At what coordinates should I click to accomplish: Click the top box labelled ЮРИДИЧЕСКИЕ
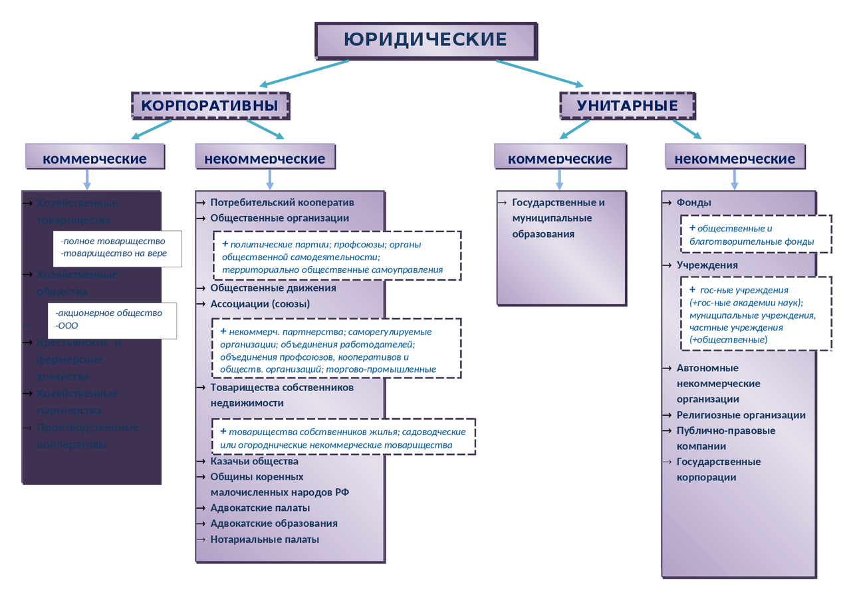click(x=425, y=40)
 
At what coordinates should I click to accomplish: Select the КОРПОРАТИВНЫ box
click(x=209, y=106)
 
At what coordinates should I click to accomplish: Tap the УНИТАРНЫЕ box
click(x=627, y=106)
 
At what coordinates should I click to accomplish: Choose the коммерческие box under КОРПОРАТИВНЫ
click(x=94, y=158)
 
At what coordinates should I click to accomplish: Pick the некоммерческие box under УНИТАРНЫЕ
click(x=735, y=158)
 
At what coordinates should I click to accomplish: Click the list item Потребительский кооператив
click(x=282, y=202)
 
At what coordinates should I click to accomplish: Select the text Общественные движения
click(x=273, y=288)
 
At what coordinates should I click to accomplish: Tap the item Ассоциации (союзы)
click(x=260, y=304)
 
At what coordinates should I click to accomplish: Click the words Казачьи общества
click(x=254, y=461)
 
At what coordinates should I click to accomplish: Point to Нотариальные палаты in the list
click(x=265, y=539)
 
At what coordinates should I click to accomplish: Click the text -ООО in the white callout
click(x=68, y=325)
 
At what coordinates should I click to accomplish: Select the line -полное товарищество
click(x=113, y=241)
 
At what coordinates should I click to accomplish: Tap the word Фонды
click(x=693, y=202)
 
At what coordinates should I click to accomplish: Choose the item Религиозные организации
click(x=741, y=415)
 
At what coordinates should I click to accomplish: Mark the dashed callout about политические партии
click(x=337, y=256)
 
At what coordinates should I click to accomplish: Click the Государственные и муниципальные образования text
click(x=558, y=218)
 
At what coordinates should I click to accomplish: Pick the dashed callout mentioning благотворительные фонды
click(x=756, y=235)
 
